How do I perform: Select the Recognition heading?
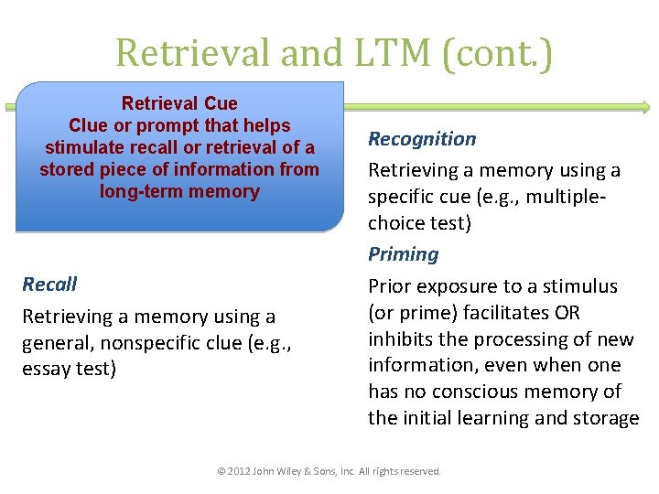pyautogui.click(x=422, y=139)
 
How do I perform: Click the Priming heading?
pyautogui.click(x=403, y=254)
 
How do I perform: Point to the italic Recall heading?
pyautogui.click(x=49, y=285)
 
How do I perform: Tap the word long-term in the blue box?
pyautogui.click(x=140, y=192)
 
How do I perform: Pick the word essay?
pyautogui.click(x=45, y=370)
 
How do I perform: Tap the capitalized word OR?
pyautogui.click(x=567, y=313)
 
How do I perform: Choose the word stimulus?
pyautogui.click(x=586, y=287)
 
